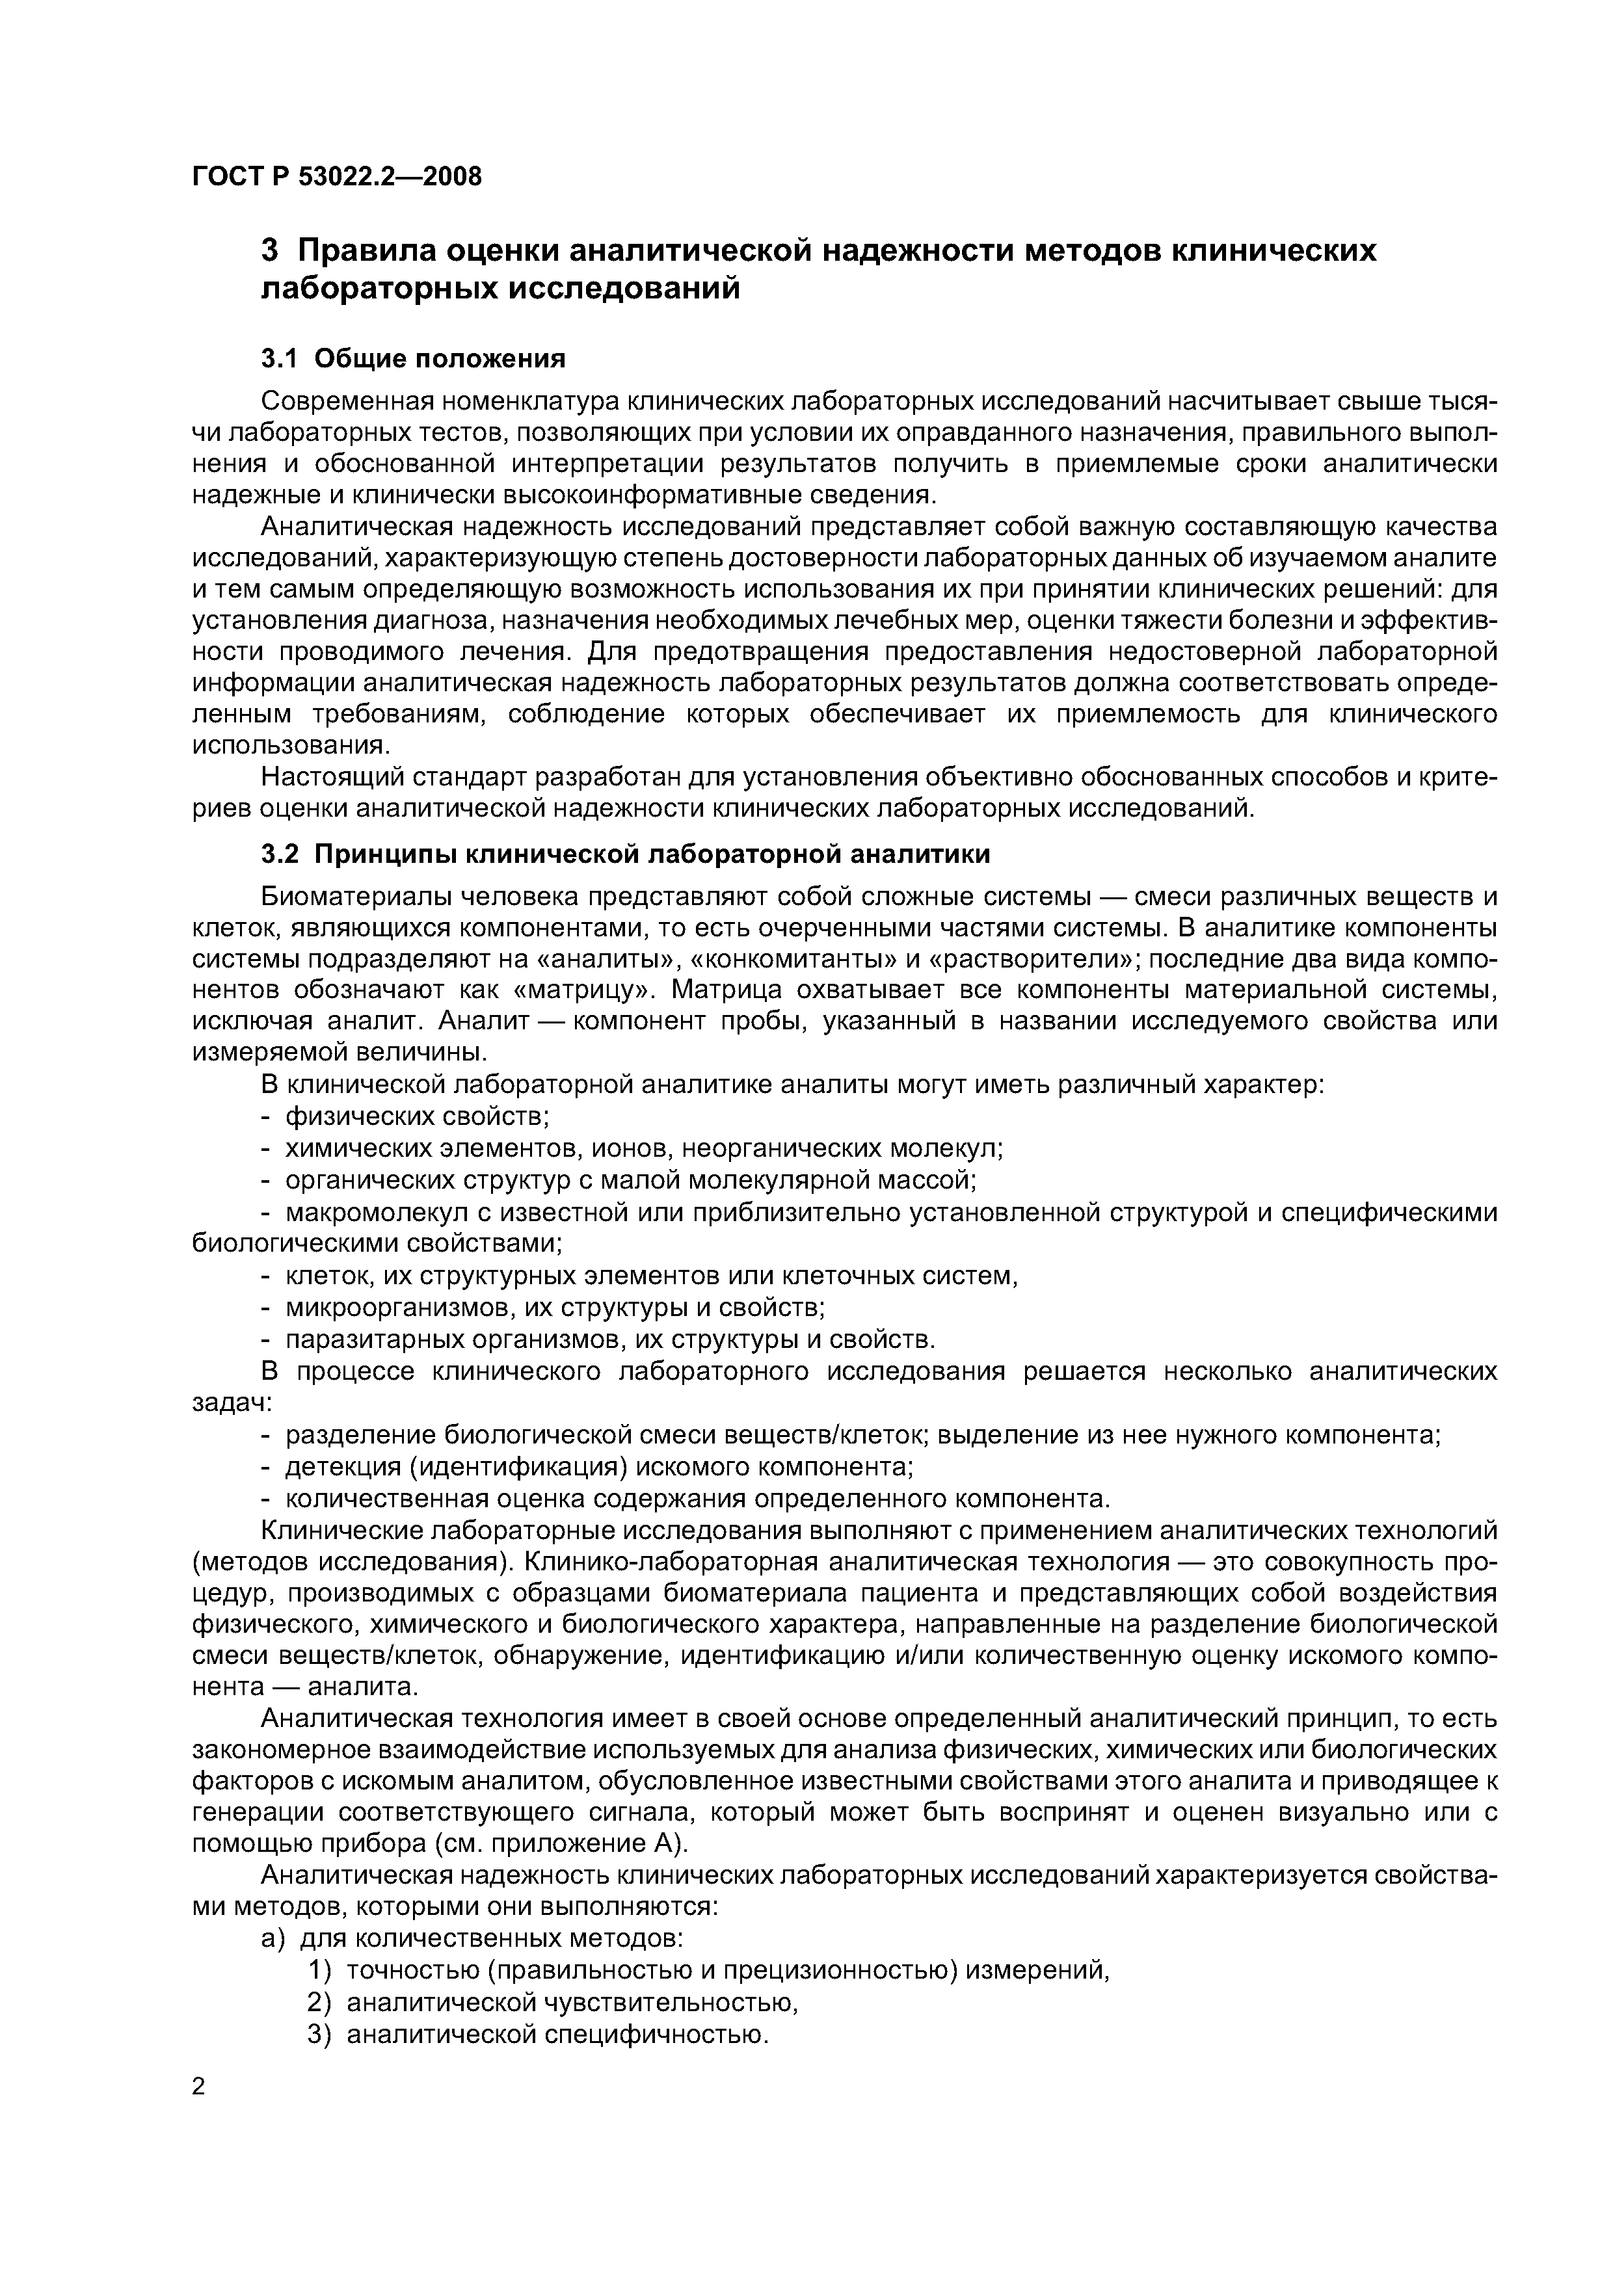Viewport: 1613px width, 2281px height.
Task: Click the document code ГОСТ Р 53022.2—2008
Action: click(336, 177)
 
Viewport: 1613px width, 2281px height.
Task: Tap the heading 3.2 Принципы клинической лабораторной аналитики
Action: click(625, 854)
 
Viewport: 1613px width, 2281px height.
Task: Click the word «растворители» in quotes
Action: click(1031, 960)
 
